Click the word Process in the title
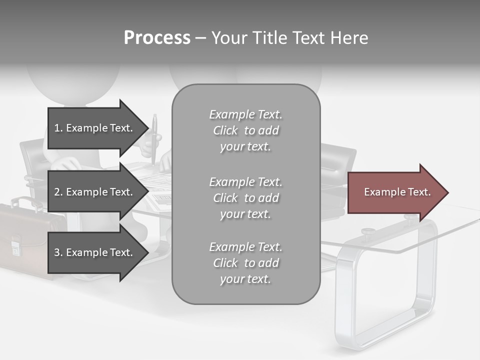157,38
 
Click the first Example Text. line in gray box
245,114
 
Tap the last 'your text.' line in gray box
245,279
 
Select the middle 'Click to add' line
245,198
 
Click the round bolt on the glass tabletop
368,231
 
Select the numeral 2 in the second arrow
56,192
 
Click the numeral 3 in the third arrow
56,252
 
